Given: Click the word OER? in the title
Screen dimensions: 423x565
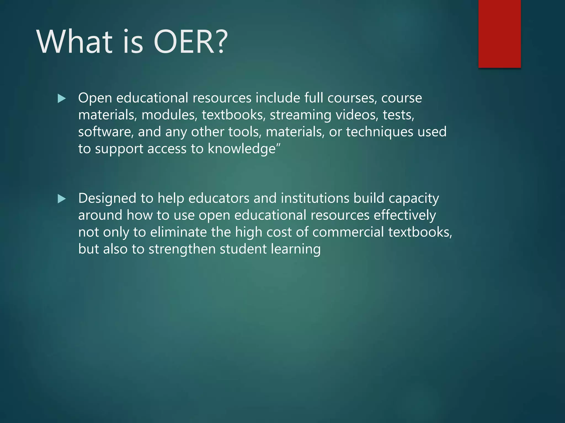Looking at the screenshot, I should (x=190, y=42).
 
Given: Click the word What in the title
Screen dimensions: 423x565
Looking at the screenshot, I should (x=74, y=42).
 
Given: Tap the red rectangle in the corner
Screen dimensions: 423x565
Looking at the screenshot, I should (x=499, y=34).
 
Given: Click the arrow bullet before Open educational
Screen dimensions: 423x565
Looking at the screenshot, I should (x=62, y=99).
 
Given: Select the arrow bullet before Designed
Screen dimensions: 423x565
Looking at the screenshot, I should (x=62, y=199).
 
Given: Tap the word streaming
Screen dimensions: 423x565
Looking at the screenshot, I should (x=300, y=115).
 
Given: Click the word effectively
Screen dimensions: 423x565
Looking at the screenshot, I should (x=405, y=215).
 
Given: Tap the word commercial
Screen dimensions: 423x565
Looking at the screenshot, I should (x=348, y=232).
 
